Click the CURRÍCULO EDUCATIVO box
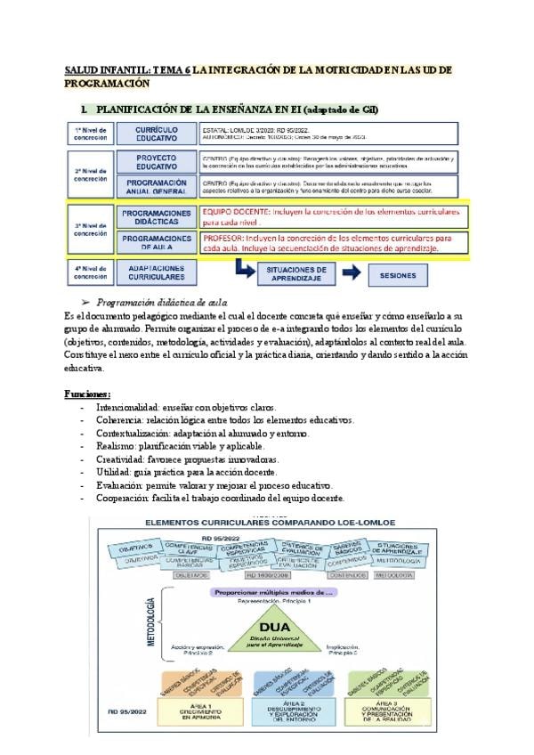(156, 134)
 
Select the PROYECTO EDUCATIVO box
(156, 161)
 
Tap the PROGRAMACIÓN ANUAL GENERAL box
(156, 185)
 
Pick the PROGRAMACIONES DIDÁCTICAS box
(156, 217)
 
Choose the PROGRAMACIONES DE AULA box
(156, 243)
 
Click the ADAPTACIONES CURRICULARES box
(156, 272)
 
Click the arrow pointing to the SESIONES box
(353, 275)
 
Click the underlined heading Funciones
(88, 393)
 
